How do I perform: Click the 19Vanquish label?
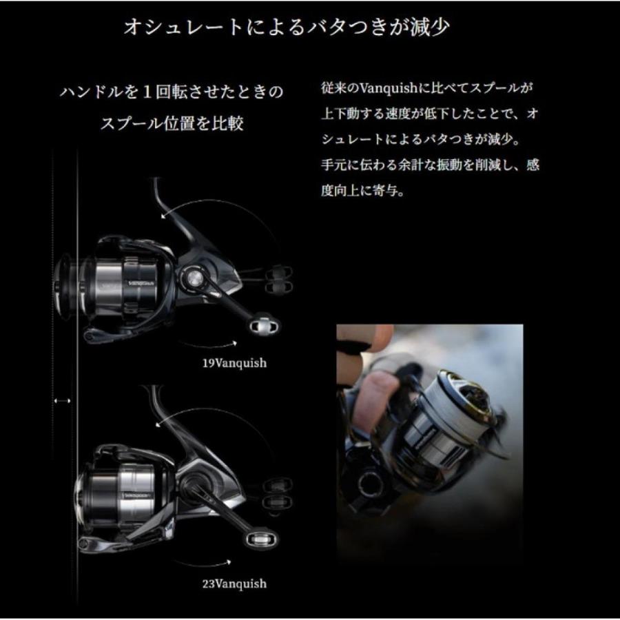click(x=234, y=363)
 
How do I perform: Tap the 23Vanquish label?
click(x=234, y=583)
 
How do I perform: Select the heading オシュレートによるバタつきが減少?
click(x=287, y=27)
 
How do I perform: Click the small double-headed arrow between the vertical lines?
click(x=62, y=401)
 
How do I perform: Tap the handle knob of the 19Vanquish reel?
click(x=264, y=325)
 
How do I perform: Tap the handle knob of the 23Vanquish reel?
click(x=262, y=539)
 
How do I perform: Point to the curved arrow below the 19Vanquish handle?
click(x=207, y=345)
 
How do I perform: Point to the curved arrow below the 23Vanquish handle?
click(x=203, y=563)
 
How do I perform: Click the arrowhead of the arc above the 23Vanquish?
click(x=158, y=424)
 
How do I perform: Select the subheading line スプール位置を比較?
click(x=172, y=123)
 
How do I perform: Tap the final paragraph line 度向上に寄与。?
click(x=363, y=191)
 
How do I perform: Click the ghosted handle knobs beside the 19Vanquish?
click(x=279, y=279)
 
